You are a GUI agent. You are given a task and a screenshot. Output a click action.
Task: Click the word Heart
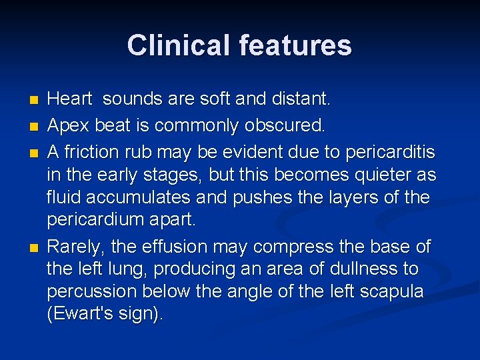(70, 99)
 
